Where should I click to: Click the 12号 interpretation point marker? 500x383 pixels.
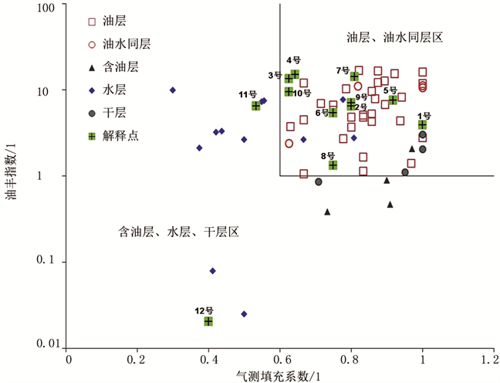[x=208, y=320]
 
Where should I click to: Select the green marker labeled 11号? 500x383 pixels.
[x=255, y=106]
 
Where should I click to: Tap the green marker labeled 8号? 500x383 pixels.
[x=333, y=164]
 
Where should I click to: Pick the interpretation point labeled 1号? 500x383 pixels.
[x=422, y=124]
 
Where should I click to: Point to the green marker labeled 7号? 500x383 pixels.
[x=354, y=76]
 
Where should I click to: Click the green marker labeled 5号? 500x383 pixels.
[x=393, y=100]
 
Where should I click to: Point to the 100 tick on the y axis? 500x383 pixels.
[x=49, y=8]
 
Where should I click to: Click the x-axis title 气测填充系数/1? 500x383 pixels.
[x=279, y=375]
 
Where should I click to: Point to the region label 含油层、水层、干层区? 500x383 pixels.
[x=180, y=231]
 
